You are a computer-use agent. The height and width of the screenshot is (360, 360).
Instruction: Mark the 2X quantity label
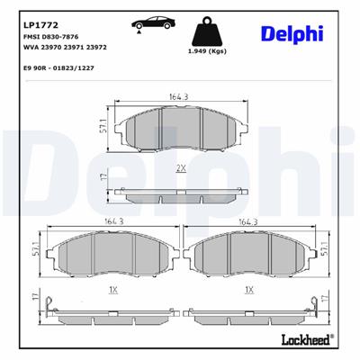click(181, 168)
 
